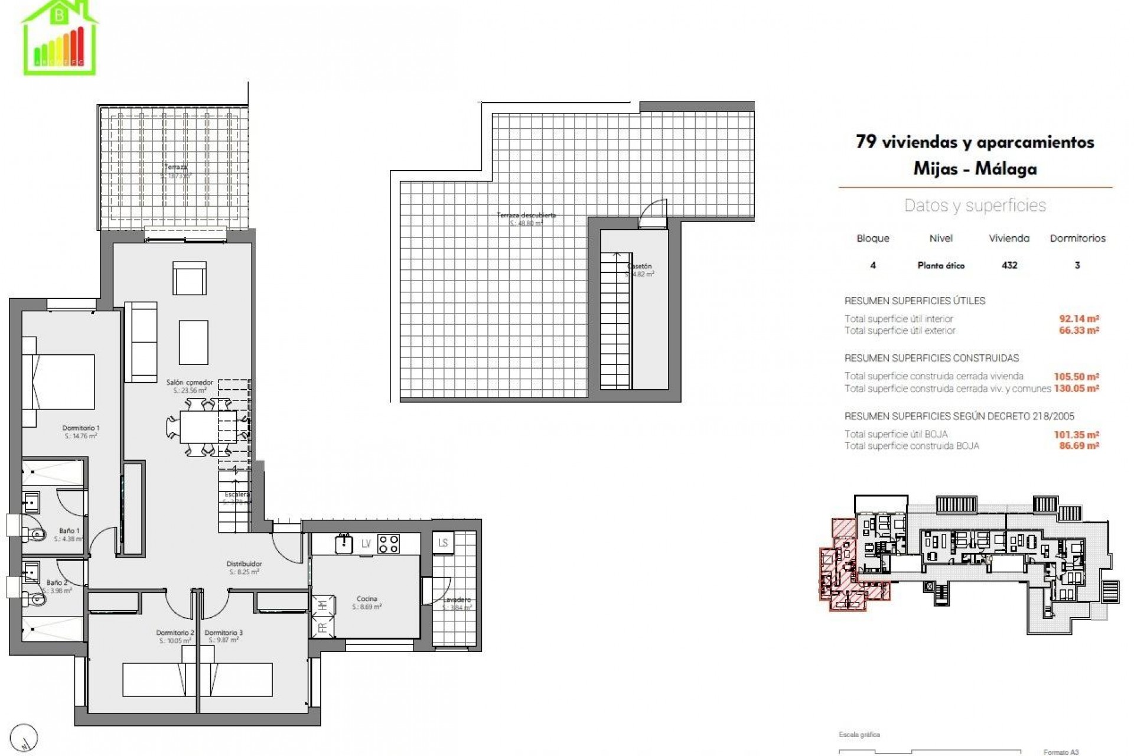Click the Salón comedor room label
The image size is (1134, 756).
point(189,383)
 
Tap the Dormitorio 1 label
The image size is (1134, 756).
point(81,428)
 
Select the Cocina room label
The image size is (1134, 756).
point(367,599)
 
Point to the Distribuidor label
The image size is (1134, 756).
point(245,564)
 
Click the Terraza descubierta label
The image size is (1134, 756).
point(526,216)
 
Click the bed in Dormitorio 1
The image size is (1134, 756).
point(58,382)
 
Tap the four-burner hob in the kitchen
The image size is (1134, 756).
point(387,543)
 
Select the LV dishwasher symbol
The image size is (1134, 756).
point(366,544)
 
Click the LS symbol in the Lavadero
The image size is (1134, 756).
point(443,543)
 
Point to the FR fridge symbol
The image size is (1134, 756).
point(322,628)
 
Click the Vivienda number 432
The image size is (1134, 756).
point(1009,265)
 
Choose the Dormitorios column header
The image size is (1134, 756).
point(1077,239)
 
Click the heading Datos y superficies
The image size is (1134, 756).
point(975,206)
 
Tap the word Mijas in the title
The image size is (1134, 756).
point(937,169)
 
